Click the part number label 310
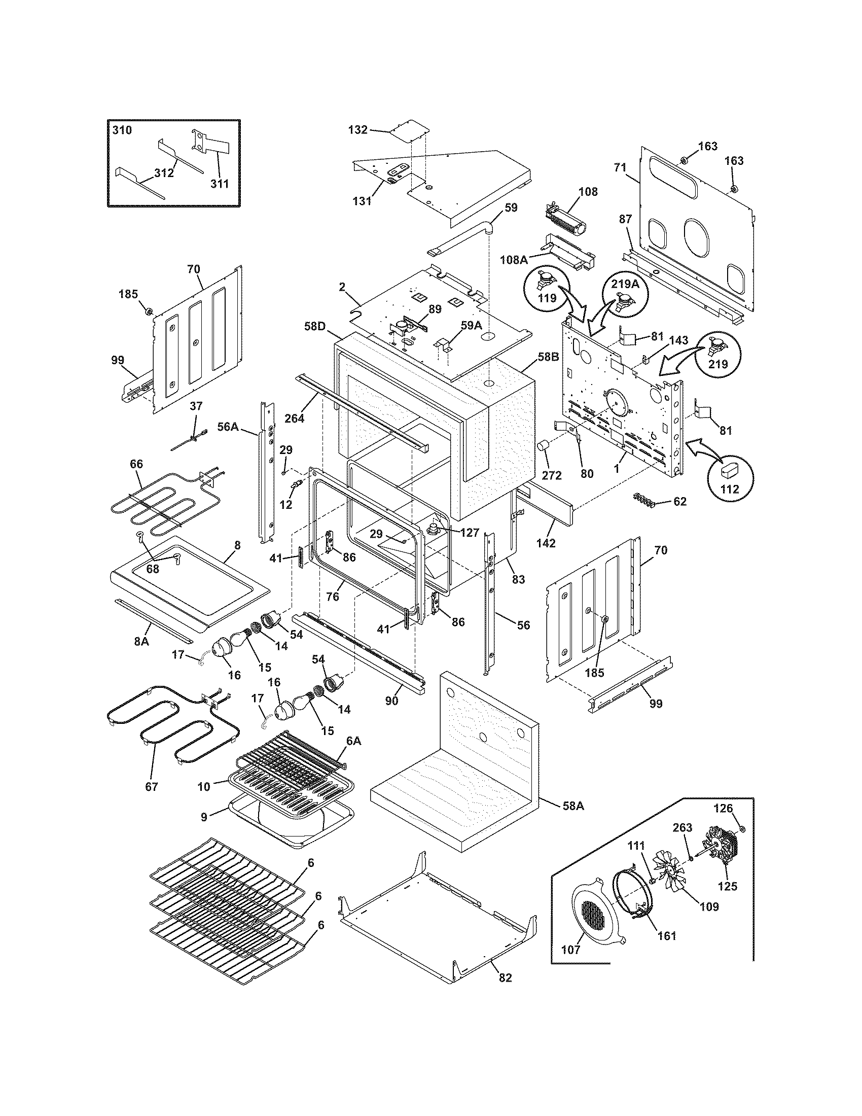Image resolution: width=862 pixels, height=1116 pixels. [x=122, y=130]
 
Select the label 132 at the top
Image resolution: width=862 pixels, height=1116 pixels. [x=357, y=130]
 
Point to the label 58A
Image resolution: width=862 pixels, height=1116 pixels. [x=573, y=806]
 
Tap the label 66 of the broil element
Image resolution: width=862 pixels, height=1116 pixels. [x=136, y=464]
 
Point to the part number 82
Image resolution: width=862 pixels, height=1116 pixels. [x=505, y=978]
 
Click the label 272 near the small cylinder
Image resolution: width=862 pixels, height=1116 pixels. [x=552, y=475]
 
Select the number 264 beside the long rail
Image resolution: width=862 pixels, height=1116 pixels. [x=295, y=419]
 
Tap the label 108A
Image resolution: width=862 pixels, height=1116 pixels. [x=513, y=260]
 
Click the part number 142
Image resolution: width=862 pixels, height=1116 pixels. [x=546, y=543]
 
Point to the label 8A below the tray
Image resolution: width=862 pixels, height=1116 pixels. [x=141, y=641]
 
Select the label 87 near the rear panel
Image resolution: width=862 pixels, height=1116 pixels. [x=625, y=219]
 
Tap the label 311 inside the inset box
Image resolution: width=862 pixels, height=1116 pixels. [x=220, y=184]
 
